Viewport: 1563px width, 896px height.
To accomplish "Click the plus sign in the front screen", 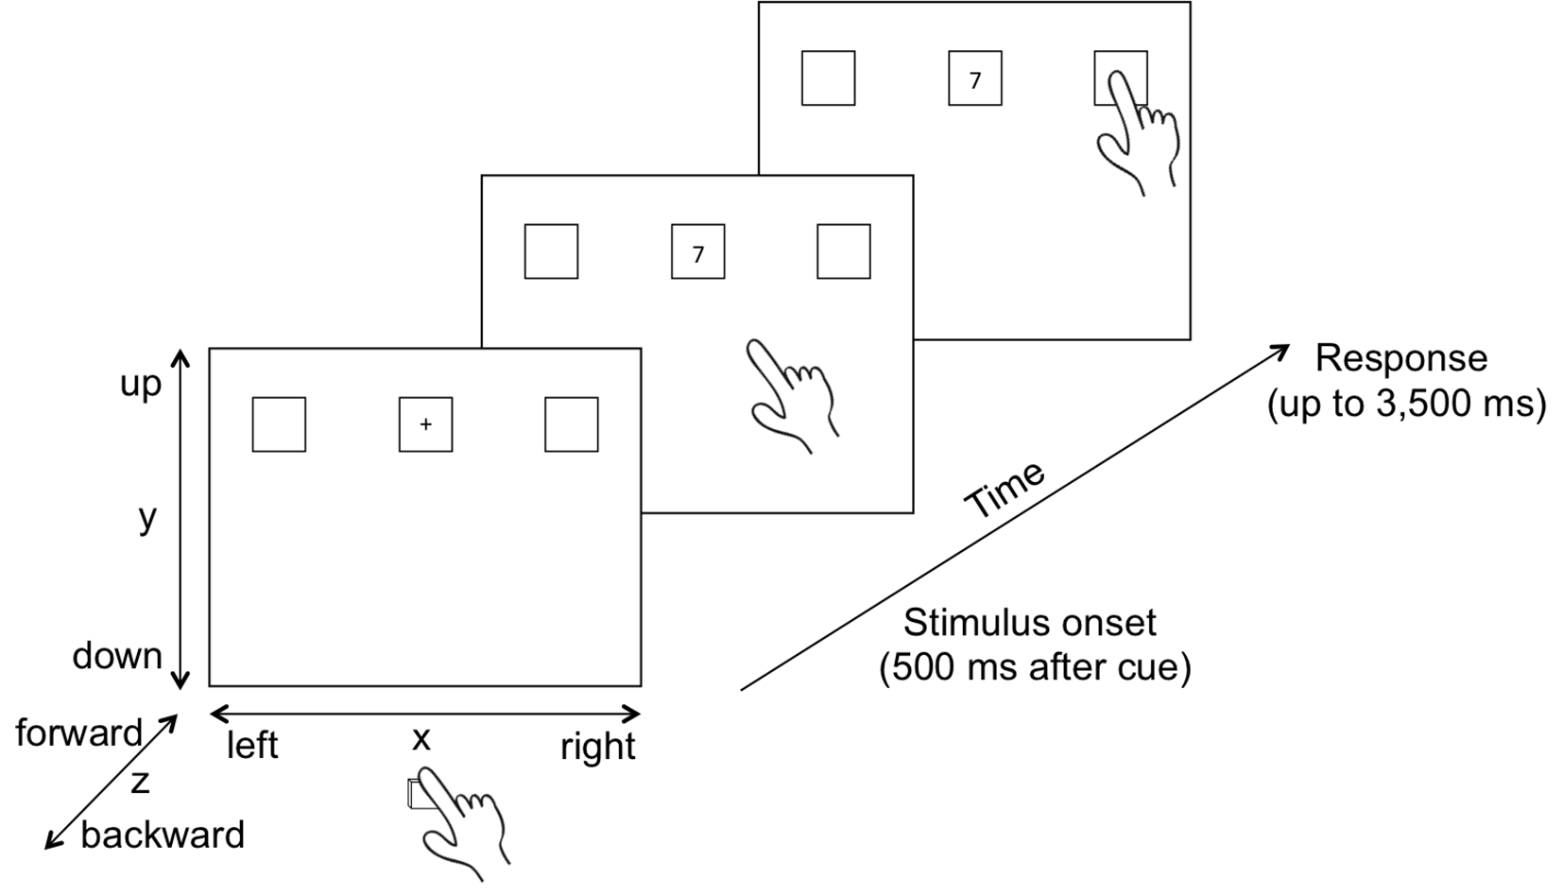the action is [425, 424].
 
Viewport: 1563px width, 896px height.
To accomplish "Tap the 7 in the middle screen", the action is [698, 254].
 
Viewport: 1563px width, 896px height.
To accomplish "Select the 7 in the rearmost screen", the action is [975, 81].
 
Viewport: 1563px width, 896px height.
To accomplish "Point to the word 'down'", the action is [117, 656].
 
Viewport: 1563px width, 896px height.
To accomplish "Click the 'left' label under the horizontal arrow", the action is [252, 745].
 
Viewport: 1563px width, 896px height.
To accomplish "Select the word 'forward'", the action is [78, 732].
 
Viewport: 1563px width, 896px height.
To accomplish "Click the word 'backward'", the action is [163, 835].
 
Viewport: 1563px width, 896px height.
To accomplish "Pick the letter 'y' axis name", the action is [147, 517].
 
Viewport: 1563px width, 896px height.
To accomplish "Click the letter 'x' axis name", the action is [421, 739].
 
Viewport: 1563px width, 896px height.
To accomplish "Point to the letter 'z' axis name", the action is [140, 783].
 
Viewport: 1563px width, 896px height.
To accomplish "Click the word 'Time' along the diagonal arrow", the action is [1005, 490].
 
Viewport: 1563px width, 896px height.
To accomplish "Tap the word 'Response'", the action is [1401, 358].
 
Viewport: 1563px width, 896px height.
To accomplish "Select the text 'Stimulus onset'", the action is [1030, 623].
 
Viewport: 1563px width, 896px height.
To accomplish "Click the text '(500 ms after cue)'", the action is [1035, 668].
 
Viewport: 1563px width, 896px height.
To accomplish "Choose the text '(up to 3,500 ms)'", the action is [1407, 404].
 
